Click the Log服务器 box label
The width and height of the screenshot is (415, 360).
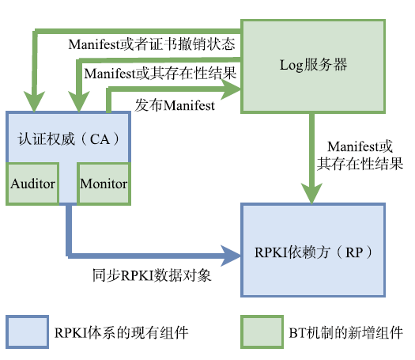point(313,65)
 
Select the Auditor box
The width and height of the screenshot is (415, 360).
point(32,184)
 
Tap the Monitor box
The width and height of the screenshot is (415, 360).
point(104,184)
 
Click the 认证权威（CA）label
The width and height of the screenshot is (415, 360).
point(69,138)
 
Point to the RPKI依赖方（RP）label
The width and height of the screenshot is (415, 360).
point(313,252)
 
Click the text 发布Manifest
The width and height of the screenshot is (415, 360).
point(175,105)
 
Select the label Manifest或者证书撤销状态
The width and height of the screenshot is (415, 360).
point(152,44)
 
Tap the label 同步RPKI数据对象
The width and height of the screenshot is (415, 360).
point(152,275)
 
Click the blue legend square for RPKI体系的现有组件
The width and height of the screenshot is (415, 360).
point(27,332)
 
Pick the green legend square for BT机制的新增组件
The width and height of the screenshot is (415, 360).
point(262,332)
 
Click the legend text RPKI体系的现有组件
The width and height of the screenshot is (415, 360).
point(121,332)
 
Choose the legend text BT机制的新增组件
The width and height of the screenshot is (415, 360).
point(345,332)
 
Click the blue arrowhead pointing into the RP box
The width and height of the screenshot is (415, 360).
point(231,256)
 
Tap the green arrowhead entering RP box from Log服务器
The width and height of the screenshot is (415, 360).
point(311,193)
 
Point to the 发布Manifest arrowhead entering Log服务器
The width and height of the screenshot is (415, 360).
point(231,89)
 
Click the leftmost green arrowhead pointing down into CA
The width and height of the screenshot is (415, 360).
point(34,101)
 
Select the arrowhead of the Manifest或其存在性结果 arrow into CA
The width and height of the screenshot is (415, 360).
point(78,101)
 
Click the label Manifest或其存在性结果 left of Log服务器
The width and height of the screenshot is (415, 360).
point(160,74)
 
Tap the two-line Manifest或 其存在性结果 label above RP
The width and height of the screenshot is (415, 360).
point(360,155)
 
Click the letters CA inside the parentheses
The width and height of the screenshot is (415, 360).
point(100,139)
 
